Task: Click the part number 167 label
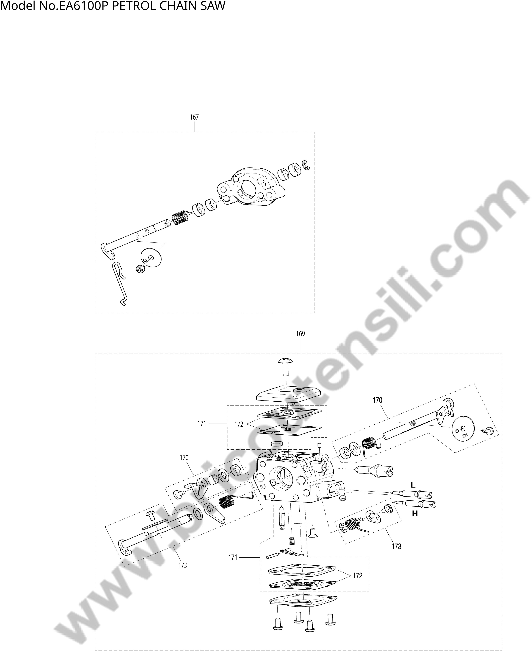click(194, 117)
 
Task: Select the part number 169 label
click(301, 334)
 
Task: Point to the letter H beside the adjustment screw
click(415, 514)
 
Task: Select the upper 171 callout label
click(202, 424)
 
